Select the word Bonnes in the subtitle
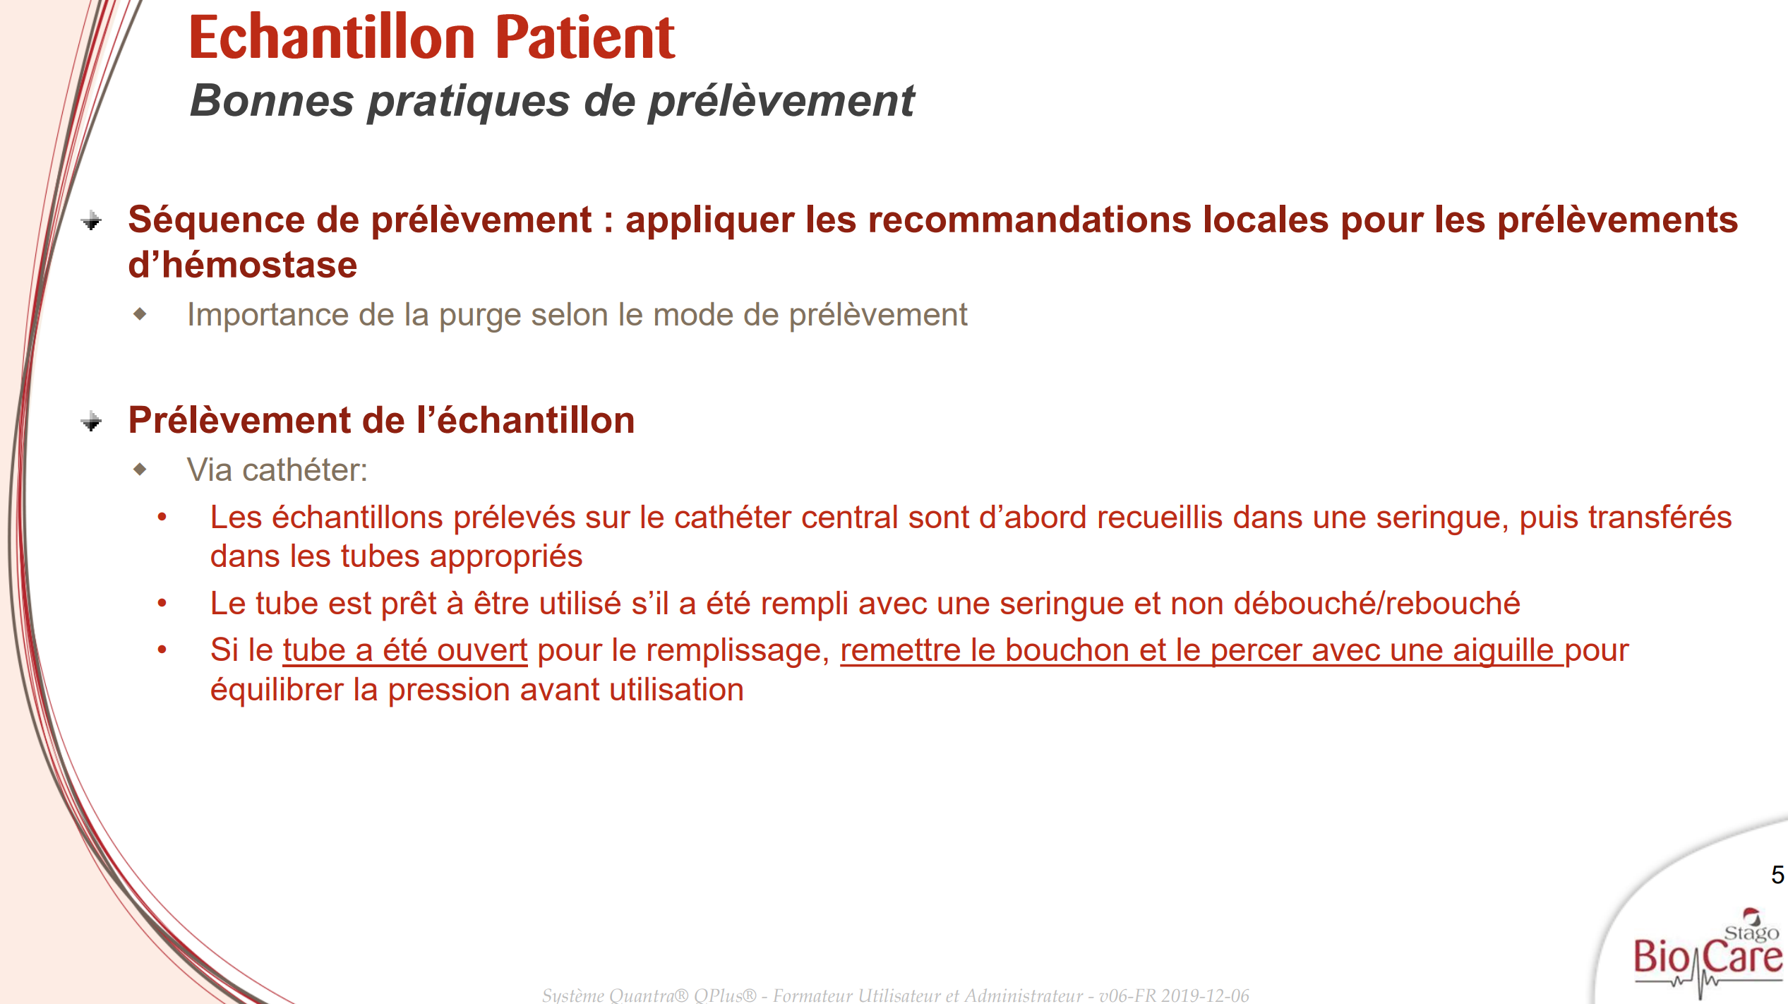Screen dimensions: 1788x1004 click(x=272, y=100)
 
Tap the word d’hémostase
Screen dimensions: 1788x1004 click(x=243, y=265)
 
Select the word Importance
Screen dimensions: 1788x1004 click(x=268, y=315)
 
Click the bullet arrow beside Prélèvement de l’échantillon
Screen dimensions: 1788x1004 click(x=91, y=422)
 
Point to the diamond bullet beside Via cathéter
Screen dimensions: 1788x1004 click(x=140, y=469)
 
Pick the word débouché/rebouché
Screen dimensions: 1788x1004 click(x=1376, y=604)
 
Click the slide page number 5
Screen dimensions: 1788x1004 click(x=1777, y=875)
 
